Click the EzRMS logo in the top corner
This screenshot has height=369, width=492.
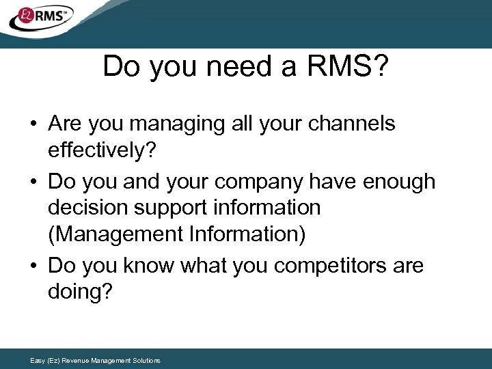pyautogui.click(x=40, y=17)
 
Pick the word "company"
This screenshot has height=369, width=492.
pyautogui.click(x=259, y=182)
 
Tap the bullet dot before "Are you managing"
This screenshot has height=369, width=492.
pyautogui.click(x=33, y=124)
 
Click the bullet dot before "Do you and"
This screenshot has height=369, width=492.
pyautogui.click(x=33, y=182)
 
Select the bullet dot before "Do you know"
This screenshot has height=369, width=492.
pyautogui.click(x=33, y=266)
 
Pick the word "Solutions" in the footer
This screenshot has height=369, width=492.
pyautogui.click(x=146, y=360)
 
